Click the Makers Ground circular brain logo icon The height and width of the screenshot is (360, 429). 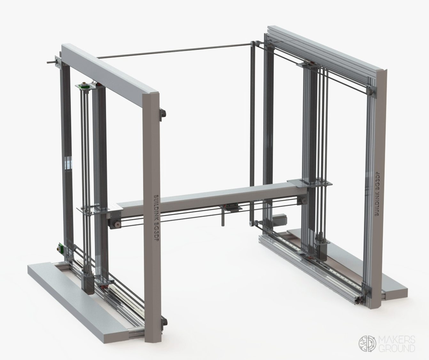coord(367,344)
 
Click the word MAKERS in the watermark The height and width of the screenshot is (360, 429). coord(397,340)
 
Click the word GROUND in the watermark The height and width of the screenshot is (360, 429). coord(397,348)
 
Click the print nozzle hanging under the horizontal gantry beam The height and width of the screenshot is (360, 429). coord(222,220)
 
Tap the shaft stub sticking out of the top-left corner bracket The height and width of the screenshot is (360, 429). coord(50,62)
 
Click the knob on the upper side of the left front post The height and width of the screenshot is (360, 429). coord(163,114)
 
